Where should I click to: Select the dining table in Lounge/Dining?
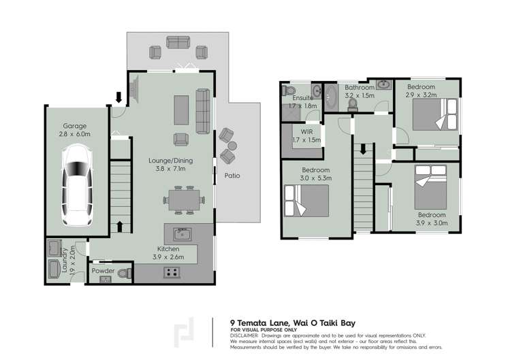[183, 200]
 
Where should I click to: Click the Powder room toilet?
[125, 274]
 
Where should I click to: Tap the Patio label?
[232, 176]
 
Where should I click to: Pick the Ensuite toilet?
[289, 91]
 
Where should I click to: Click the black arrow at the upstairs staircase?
[363, 148]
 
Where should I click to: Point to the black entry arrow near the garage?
[119, 97]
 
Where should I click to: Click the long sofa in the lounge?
[202, 110]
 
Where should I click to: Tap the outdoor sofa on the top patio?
[178, 42]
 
